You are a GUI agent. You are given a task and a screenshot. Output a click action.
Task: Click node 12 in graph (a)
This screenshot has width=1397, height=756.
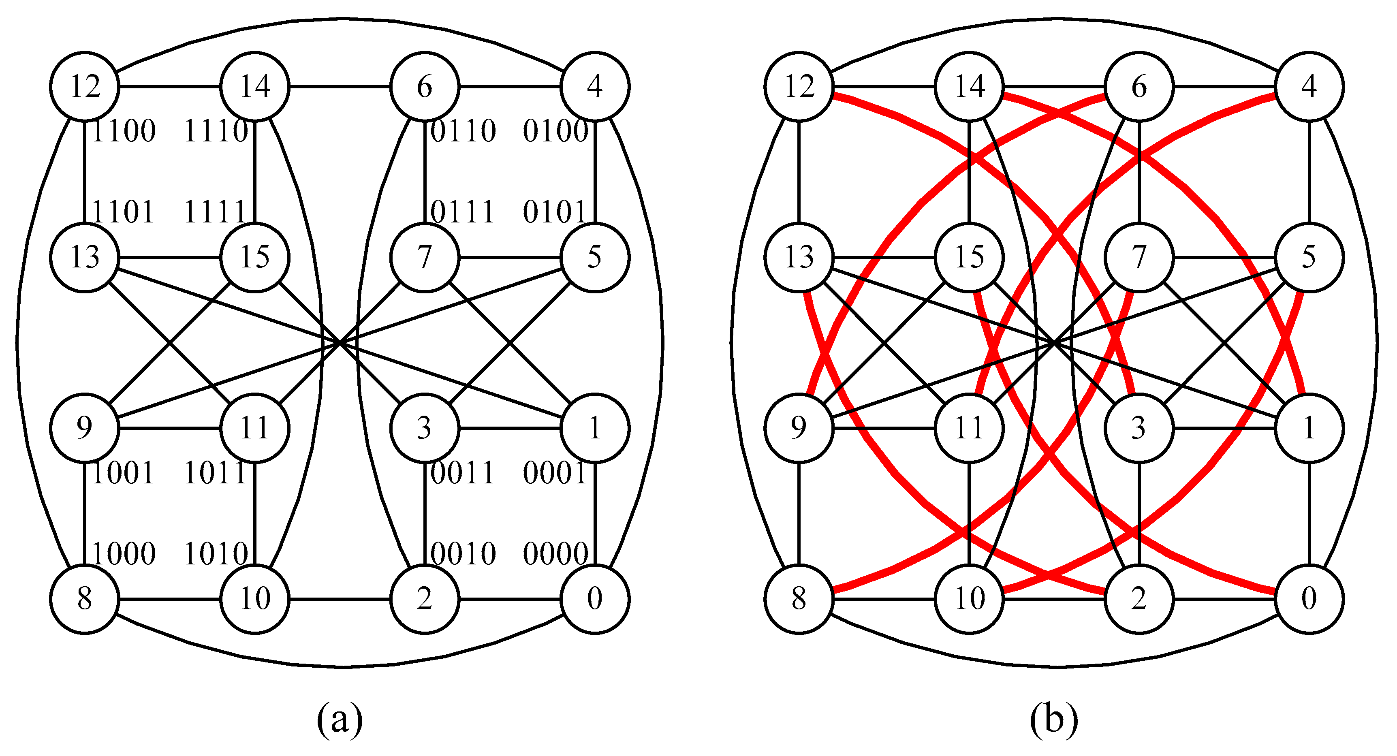(x=85, y=86)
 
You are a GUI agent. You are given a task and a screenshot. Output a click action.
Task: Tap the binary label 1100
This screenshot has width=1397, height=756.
(x=124, y=131)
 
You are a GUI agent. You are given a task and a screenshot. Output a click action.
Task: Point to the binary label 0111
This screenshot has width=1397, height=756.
(x=463, y=212)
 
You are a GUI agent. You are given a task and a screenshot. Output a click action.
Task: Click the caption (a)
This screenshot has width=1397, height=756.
(x=340, y=720)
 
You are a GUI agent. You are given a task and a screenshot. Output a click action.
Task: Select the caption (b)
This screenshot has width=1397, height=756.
(x=1054, y=720)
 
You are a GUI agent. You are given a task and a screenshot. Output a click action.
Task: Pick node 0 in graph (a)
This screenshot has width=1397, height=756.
(x=595, y=599)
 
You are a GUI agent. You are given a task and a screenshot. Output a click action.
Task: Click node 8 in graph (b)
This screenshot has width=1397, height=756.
(x=799, y=599)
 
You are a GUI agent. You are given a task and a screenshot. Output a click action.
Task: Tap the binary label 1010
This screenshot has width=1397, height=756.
(x=216, y=554)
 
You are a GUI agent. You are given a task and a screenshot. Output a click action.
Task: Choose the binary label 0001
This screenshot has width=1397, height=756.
(x=554, y=473)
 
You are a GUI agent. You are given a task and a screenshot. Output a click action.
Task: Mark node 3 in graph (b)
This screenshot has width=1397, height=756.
(x=1139, y=428)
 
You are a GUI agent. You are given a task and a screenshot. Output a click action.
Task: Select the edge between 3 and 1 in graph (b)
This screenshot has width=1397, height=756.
(x=1224, y=428)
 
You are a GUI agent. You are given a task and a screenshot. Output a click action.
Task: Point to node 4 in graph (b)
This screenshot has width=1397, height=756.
(x=1309, y=86)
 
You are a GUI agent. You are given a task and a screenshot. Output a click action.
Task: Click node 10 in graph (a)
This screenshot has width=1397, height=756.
(x=255, y=599)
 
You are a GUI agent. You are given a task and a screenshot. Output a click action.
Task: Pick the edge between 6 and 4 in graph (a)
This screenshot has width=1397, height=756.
(x=510, y=86)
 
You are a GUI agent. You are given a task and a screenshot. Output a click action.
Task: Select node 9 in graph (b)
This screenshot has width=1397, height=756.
(x=799, y=428)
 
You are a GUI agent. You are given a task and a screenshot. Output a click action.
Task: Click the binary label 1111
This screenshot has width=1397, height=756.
(x=216, y=212)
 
